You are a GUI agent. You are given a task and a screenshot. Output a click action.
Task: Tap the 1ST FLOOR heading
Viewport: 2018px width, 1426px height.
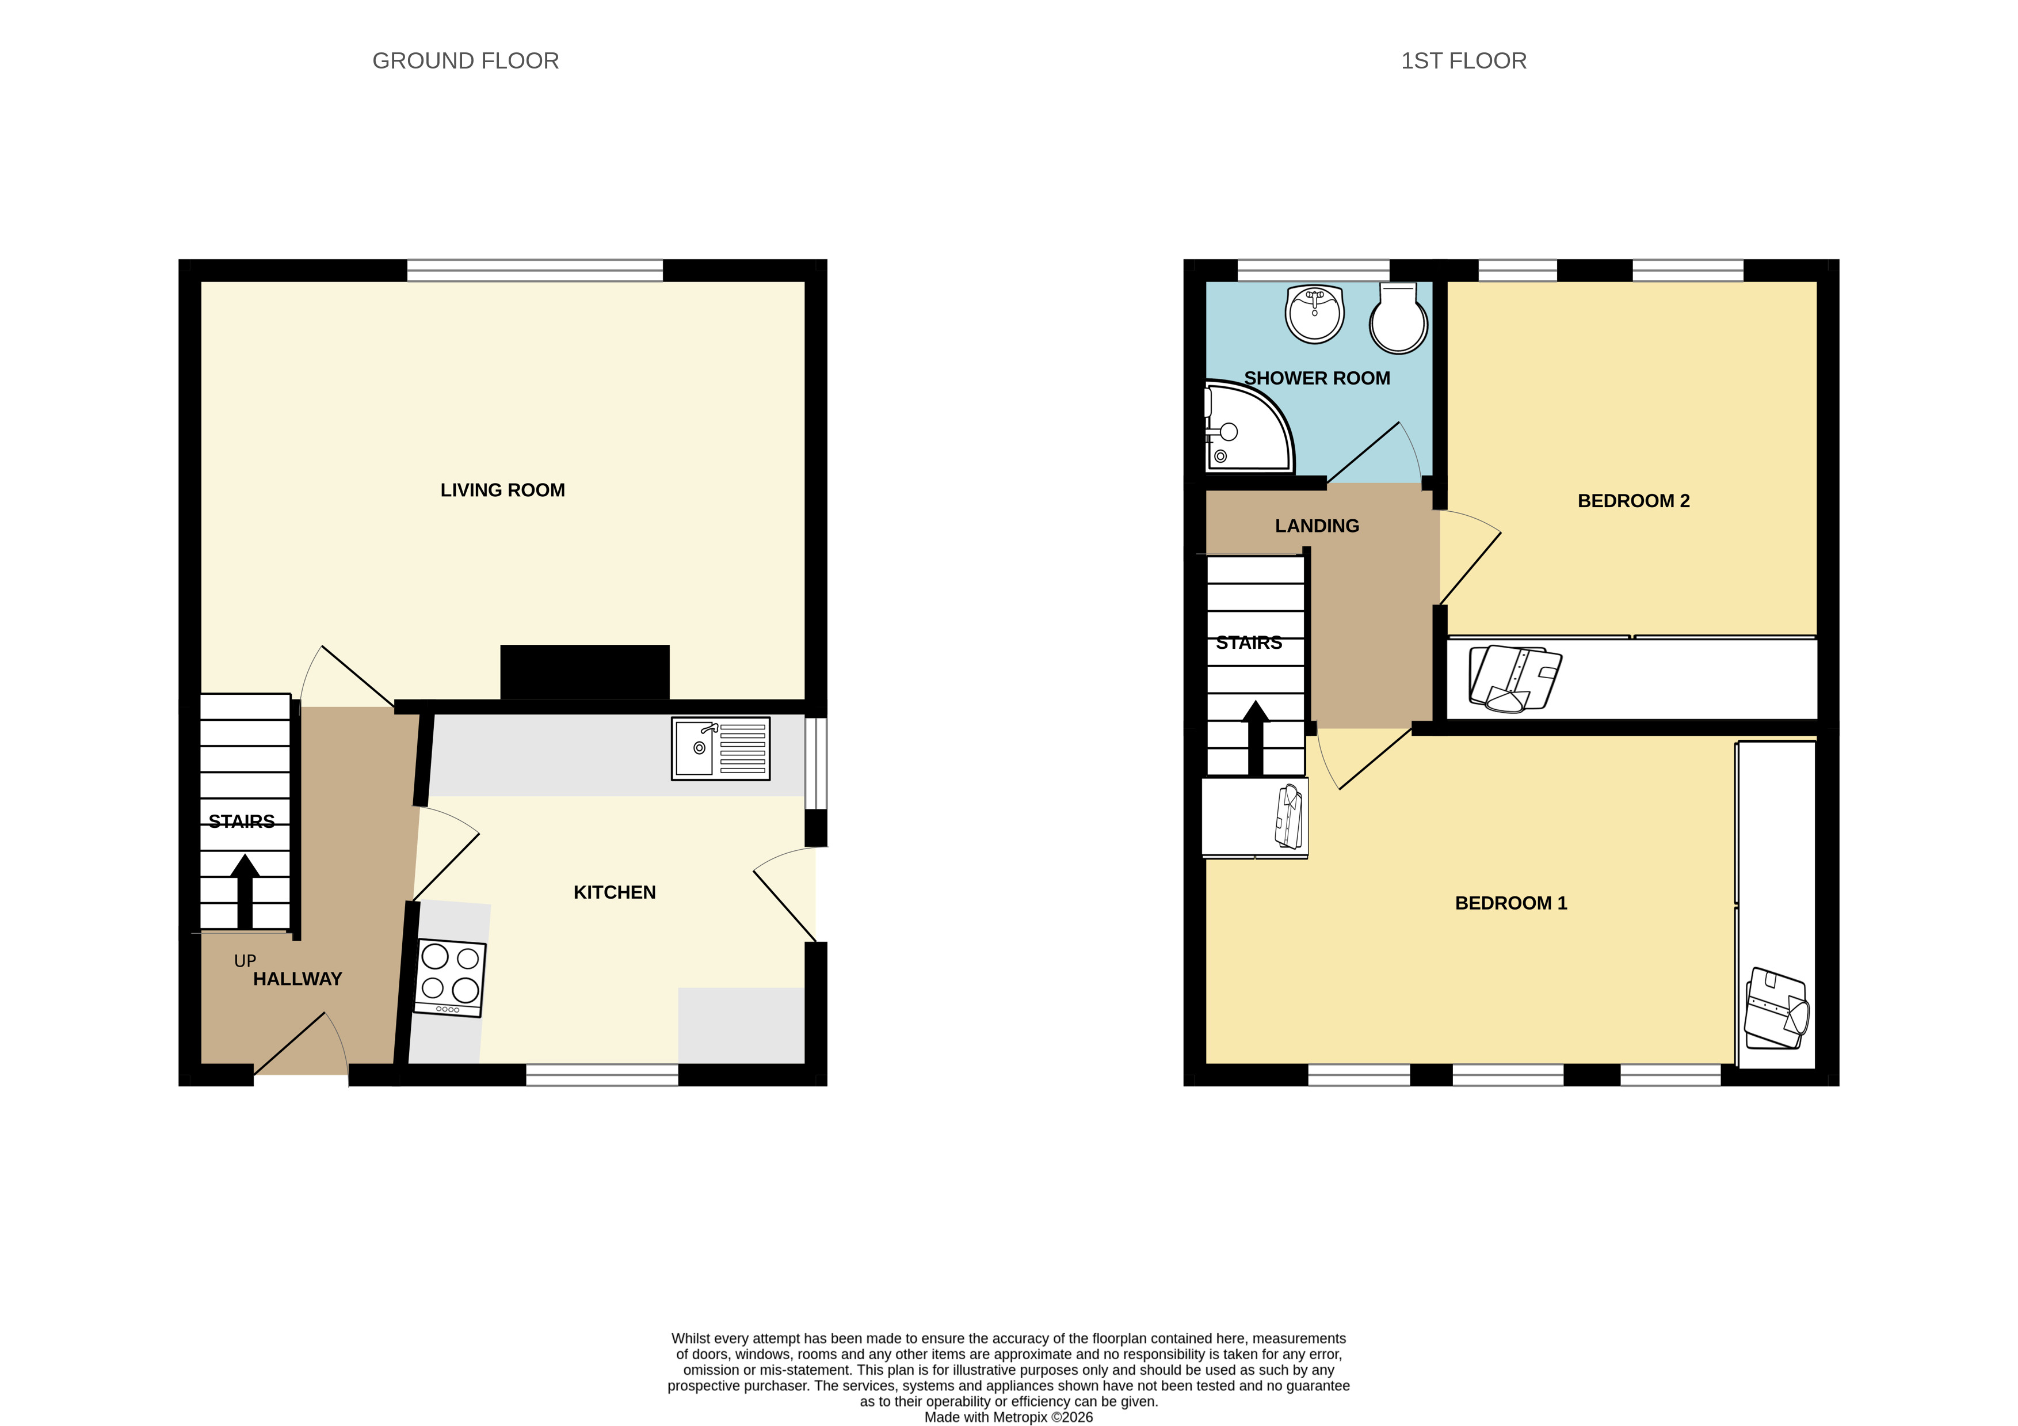1463,60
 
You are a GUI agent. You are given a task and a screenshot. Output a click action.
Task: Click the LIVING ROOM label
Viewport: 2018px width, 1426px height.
503,490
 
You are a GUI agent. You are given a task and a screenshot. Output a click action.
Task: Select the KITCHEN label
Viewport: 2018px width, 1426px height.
615,892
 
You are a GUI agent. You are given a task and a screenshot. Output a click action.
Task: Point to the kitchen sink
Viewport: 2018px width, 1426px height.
720,749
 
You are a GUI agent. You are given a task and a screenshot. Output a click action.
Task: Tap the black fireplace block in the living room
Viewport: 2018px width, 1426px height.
585,672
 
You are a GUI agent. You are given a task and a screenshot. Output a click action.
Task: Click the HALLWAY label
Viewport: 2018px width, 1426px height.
297,979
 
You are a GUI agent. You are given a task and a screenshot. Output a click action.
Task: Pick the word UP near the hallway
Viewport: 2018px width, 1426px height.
245,961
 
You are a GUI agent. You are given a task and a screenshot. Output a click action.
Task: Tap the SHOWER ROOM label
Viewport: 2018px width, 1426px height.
1317,378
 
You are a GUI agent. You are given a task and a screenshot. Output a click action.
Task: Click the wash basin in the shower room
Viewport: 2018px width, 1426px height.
1315,314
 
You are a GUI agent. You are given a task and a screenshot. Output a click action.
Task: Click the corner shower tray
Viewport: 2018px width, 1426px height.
1249,427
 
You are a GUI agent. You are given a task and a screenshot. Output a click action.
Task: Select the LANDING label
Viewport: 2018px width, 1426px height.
1317,526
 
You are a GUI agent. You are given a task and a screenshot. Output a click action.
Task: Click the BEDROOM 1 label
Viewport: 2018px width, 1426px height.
1511,903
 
